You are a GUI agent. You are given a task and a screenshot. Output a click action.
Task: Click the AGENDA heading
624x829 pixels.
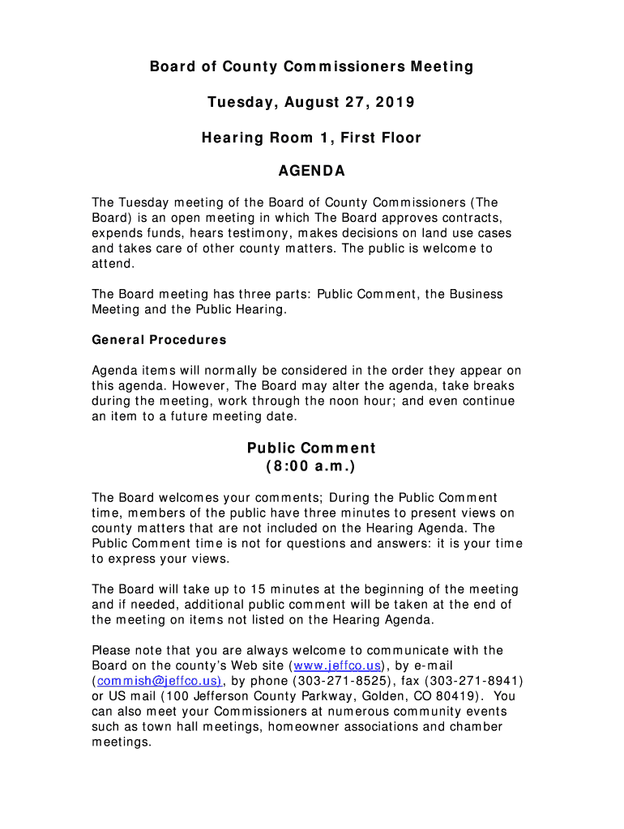click(312, 172)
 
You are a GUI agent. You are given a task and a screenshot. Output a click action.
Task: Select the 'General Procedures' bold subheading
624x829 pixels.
click(159, 340)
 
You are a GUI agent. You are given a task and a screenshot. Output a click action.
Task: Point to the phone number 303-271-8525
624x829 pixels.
click(330, 681)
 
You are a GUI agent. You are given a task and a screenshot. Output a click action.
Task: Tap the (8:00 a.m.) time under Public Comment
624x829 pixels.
click(311, 468)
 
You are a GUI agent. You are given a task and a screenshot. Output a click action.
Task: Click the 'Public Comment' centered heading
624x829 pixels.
click(311, 449)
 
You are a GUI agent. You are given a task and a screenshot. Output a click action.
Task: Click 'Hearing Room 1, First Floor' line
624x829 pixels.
click(311, 138)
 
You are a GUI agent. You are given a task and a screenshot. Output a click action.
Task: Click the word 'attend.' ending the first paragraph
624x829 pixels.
click(112, 264)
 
